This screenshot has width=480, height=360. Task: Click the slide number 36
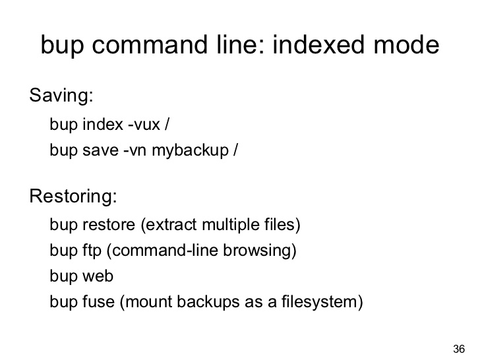(x=459, y=349)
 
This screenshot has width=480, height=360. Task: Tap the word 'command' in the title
(x=150, y=45)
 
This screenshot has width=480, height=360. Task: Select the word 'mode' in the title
(x=407, y=45)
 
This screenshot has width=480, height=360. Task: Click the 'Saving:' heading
(x=61, y=95)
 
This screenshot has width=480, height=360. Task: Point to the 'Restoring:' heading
(x=73, y=196)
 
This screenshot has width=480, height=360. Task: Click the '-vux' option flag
(x=144, y=124)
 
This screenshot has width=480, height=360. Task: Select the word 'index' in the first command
(x=103, y=124)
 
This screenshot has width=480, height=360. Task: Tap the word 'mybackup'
(x=190, y=150)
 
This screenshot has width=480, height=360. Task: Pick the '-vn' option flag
(x=135, y=150)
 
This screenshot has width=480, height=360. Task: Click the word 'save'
(x=100, y=150)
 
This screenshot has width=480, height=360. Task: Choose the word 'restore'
(x=109, y=225)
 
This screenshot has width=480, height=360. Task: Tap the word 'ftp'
(x=92, y=251)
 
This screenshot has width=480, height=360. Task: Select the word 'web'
(x=98, y=276)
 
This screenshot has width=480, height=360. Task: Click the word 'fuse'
(x=99, y=301)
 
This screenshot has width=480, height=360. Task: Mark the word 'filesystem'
(x=319, y=301)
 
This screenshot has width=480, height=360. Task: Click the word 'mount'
(x=149, y=301)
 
